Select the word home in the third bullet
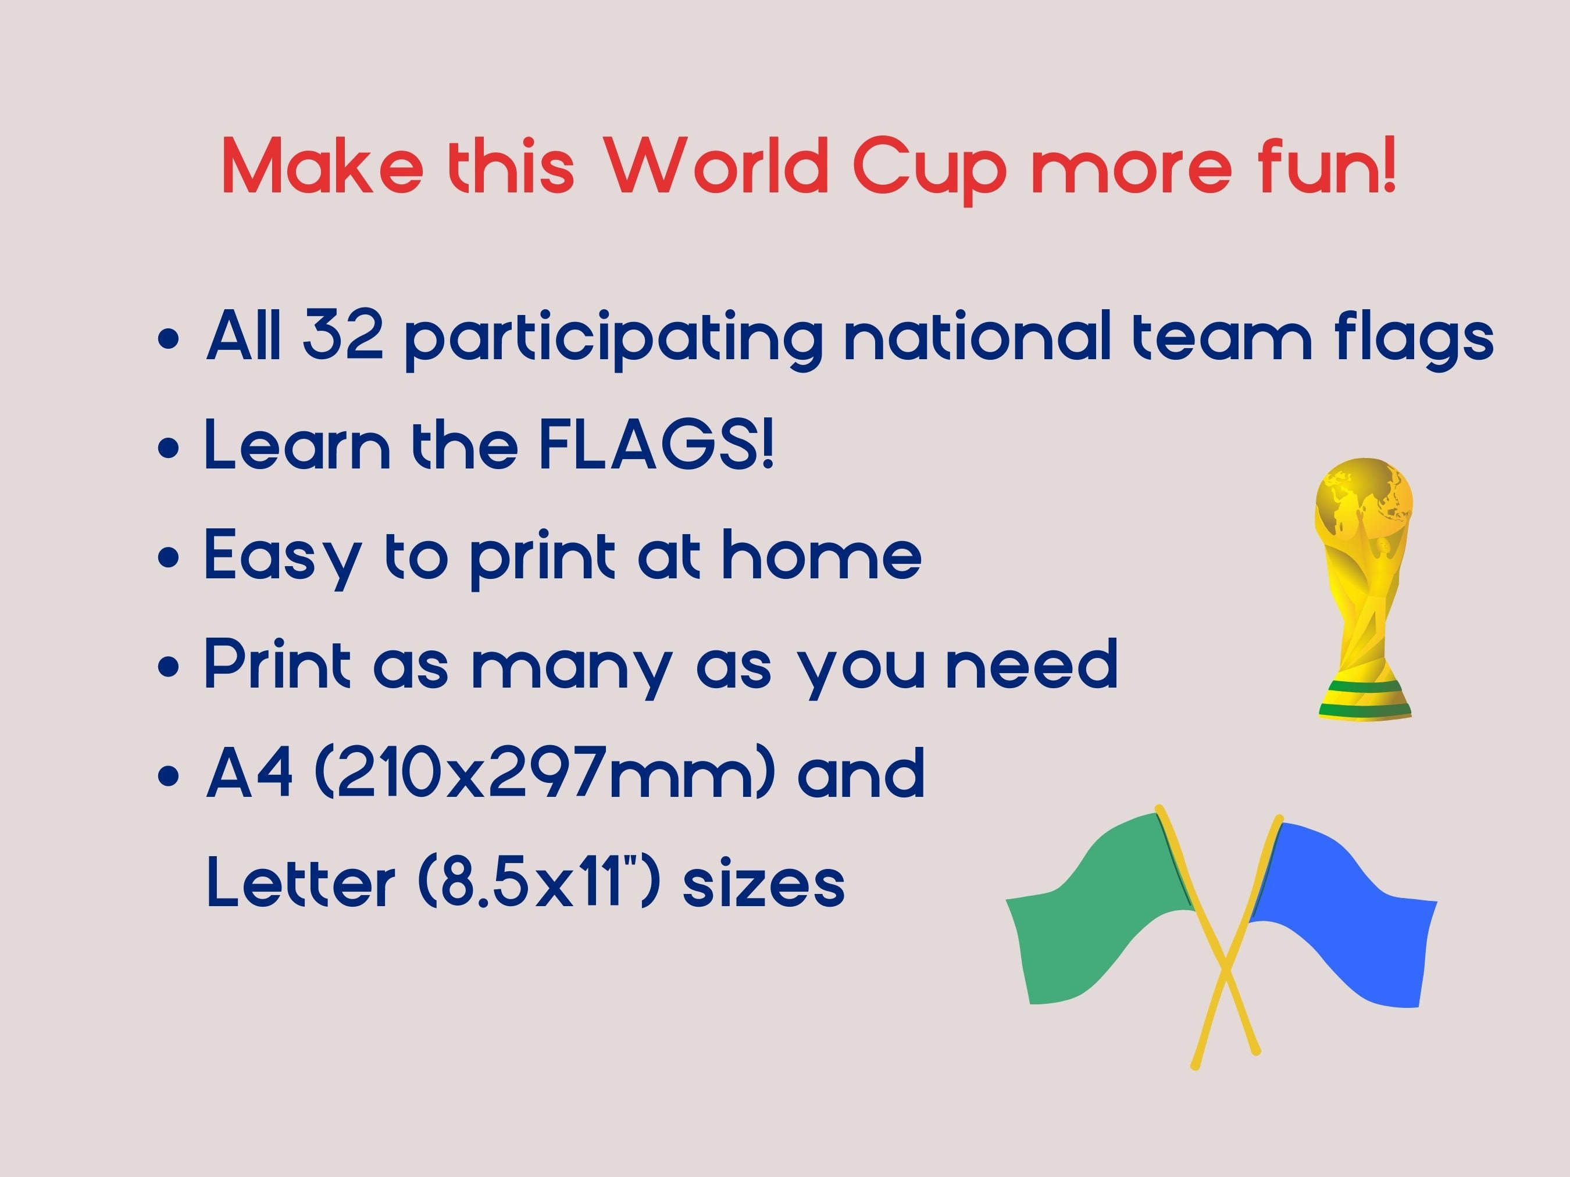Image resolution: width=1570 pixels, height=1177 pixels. tap(822, 556)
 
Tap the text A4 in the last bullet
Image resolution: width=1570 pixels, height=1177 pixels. tap(249, 773)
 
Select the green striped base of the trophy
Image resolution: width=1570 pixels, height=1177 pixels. tap(1365, 701)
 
